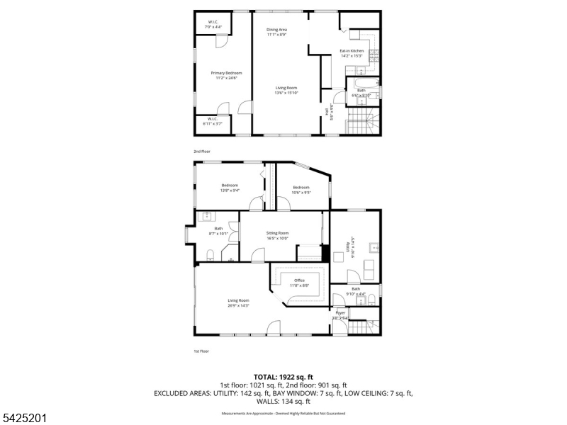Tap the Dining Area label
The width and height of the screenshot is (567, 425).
tap(276, 30)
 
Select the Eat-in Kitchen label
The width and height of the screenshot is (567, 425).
tap(352, 51)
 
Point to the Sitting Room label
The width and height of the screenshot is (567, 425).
tap(277, 233)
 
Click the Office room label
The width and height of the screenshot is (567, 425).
tap(300, 280)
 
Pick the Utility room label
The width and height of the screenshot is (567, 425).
tap(348, 248)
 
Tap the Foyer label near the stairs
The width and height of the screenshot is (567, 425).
tap(341, 312)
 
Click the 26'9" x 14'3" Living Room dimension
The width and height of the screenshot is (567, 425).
tap(238, 305)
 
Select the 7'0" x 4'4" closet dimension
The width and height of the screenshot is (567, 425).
tap(213, 27)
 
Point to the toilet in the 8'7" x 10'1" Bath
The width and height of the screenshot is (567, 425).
tap(210, 255)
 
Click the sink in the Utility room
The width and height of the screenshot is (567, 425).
tap(374, 248)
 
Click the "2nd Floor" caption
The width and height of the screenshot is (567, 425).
tap(202, 152)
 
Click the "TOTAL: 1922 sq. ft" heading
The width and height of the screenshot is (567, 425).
tap(283, 377)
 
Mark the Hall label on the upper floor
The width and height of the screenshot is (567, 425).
tap(327, 111)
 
